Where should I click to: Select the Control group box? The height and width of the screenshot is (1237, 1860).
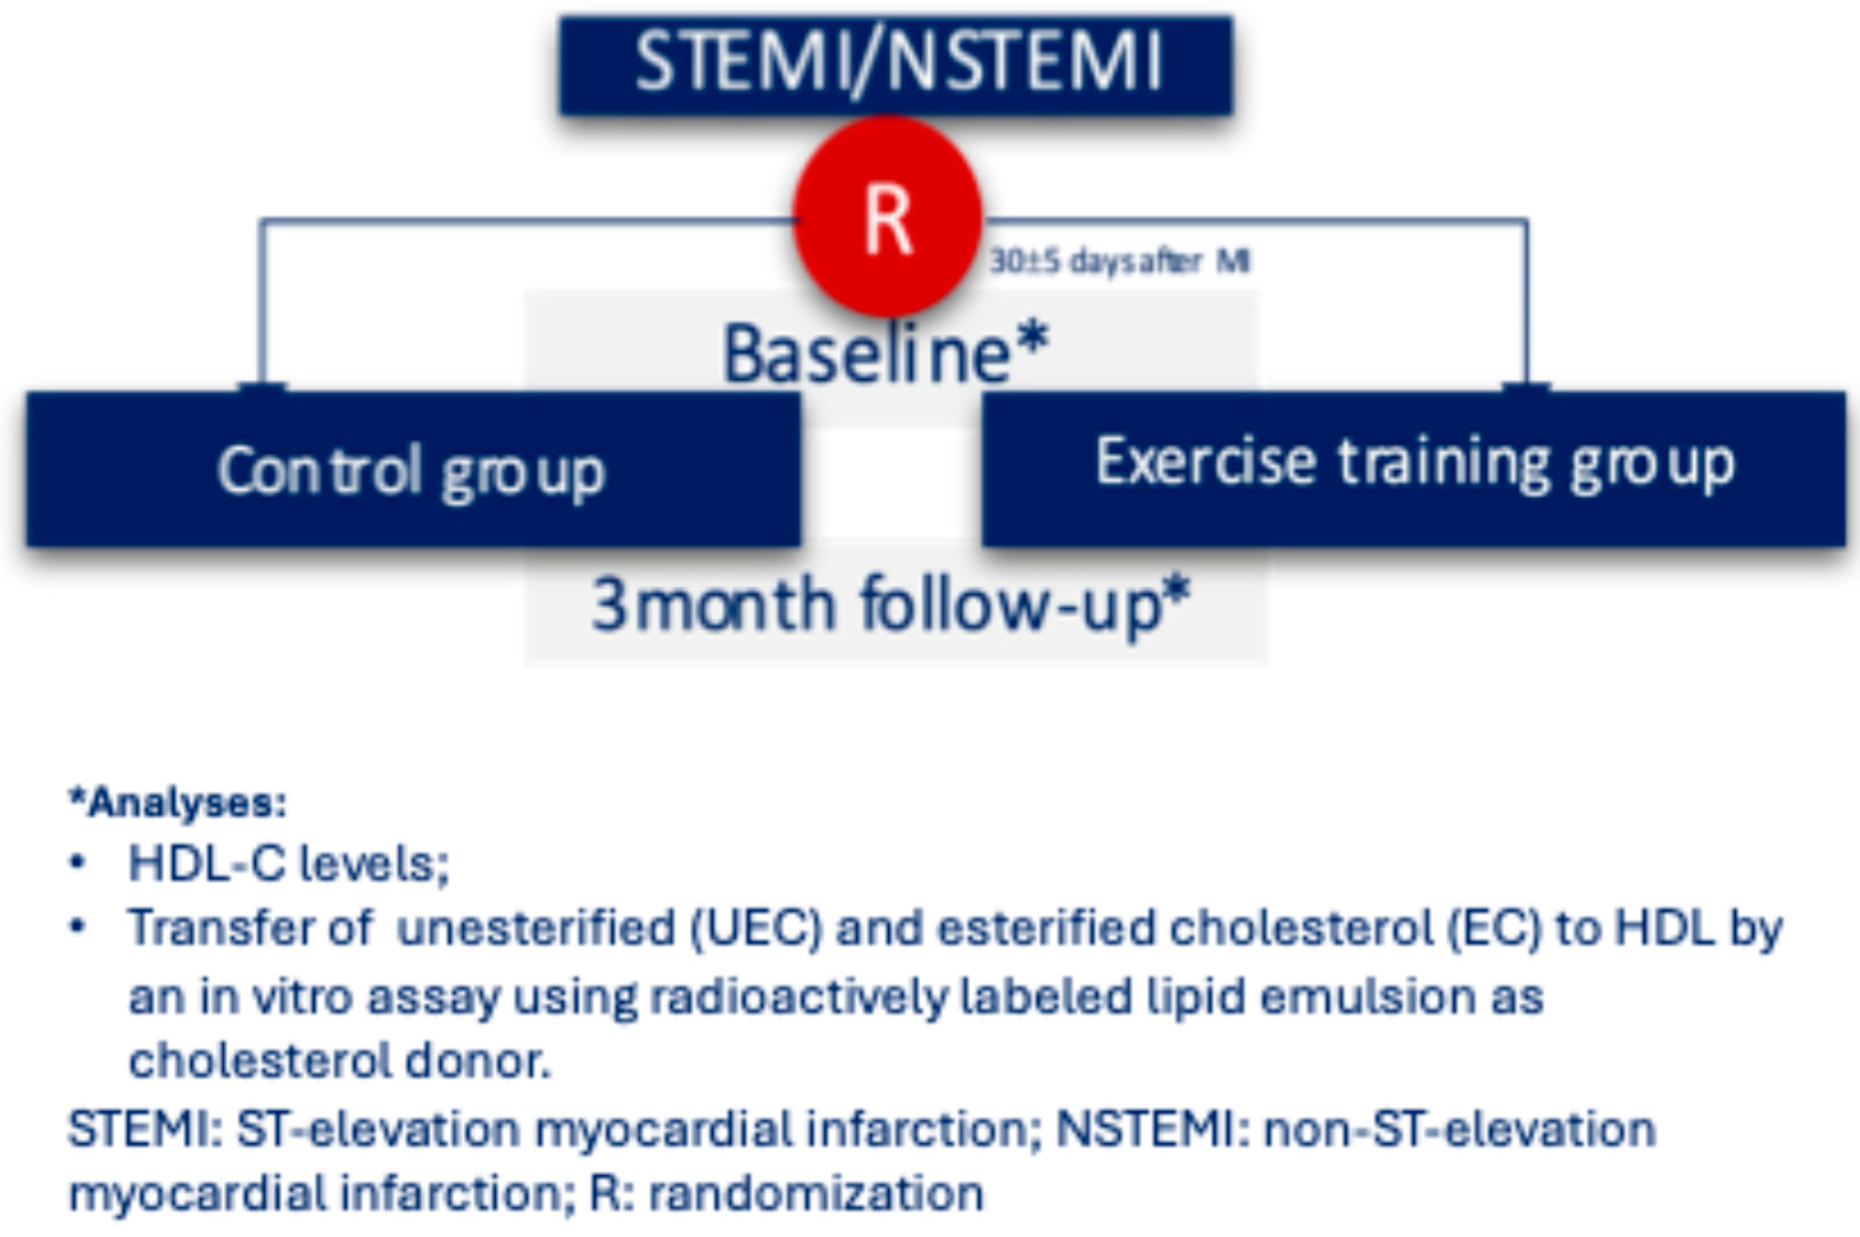click(x=414, y=469)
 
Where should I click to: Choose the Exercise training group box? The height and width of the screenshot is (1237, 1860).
click(x=1414, y=469)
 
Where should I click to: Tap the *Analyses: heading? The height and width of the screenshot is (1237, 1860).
click(x=178, y=803)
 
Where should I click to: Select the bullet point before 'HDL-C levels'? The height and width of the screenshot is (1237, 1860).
click(x=77, y=863)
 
